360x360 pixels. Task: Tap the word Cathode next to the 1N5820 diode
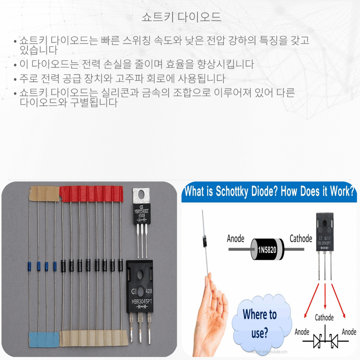pyautogui.click(x=301, y=238)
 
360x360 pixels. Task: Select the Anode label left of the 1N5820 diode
pyautogui.click(x=235, y=238)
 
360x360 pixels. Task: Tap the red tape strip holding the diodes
pyautogui.click(x=91, y=194)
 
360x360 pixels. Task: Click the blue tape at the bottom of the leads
pyautogui.click(x=44, y=339)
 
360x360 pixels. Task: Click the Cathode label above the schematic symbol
pyautogui.click(x=324, y=318)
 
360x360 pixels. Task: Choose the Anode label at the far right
pyautogui.click(x=348, y=332)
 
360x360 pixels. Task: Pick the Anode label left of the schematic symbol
pyautogui.click(x=302, y=332)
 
